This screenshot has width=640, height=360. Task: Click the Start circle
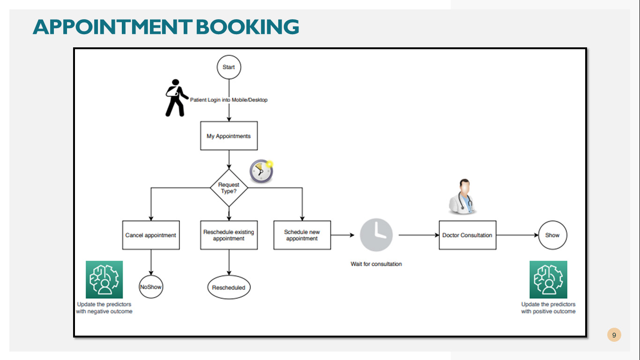pos(229,67)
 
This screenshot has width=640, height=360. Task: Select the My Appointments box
pos(229,136)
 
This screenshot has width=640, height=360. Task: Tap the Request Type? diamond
pos(229,188)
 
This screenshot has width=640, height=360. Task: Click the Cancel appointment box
pos(151,235)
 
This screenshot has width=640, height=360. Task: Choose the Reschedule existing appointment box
pos(229,235)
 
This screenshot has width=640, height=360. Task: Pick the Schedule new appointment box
pos(302,235)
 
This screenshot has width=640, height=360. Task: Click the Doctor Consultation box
pos(468,235)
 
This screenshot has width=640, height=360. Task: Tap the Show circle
pos(552,235)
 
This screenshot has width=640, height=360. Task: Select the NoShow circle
pos(151,287)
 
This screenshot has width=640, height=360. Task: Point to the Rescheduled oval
pos(229,287)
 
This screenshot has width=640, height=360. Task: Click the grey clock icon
pos(376,235)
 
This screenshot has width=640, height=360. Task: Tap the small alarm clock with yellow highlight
pos(261,171)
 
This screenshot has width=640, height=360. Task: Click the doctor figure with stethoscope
pos(462,196)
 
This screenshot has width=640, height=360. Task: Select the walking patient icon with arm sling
pos(176,98)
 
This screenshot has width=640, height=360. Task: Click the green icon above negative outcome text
pos(104,279)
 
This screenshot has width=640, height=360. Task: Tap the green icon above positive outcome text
pos(548,279)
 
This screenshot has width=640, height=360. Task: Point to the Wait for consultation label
pos(376,264)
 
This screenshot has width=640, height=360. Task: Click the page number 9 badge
pos(614,335)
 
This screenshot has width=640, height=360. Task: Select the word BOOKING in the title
pos(247,27)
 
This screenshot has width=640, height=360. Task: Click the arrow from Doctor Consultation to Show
pos(517,235)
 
